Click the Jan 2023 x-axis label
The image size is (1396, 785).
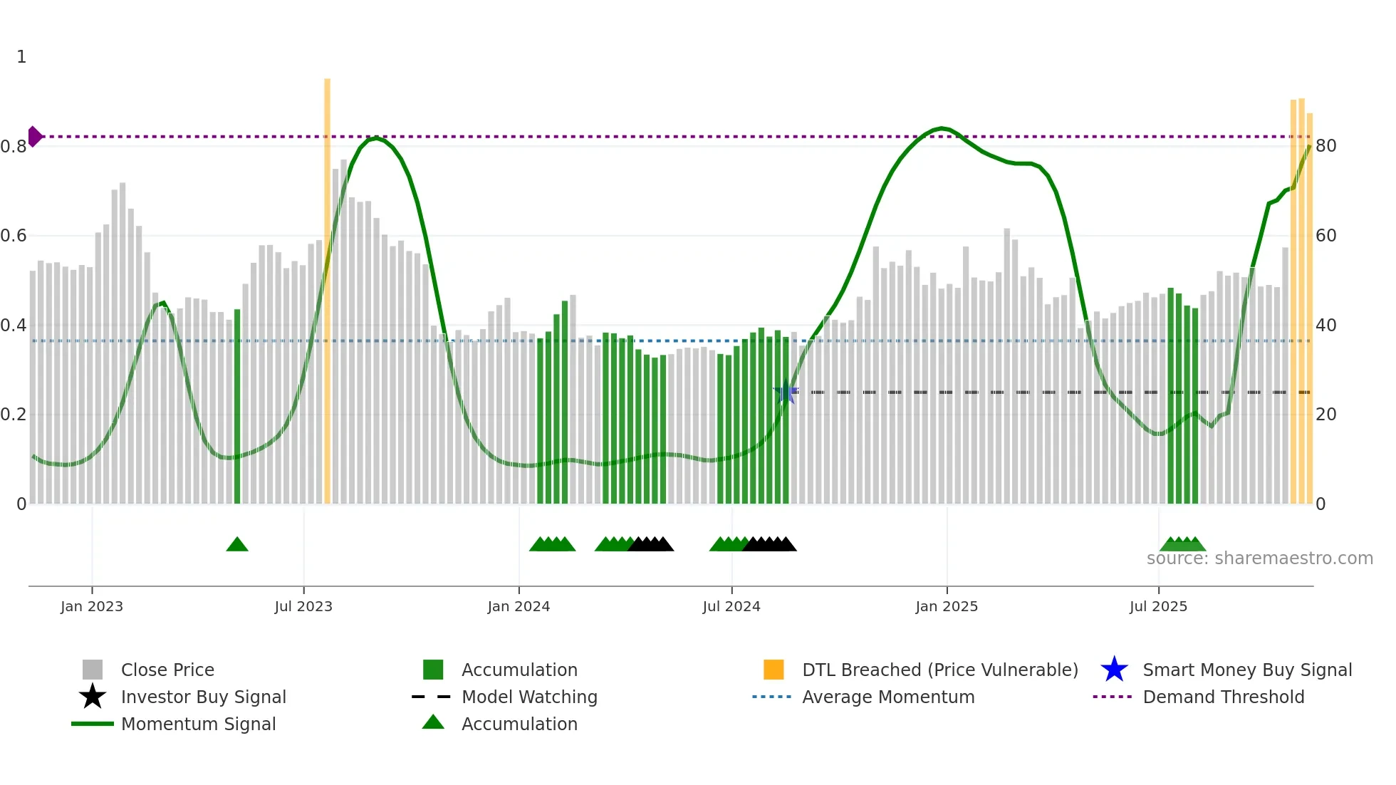point(91,606)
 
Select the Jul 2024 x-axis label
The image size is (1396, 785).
point(731,606)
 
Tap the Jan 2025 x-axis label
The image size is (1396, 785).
point(946,606)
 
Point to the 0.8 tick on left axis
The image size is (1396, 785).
point(14,147)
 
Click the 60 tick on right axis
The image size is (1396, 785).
point(1325,236)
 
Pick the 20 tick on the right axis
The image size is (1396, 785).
point(1325,415)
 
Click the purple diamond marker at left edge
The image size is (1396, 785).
point(35,136)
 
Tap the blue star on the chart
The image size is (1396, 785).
point(786,392)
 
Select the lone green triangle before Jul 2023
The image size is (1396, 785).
point(237,545)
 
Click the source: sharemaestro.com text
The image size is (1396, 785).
point(1259,558)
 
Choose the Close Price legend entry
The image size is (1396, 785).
point(167,670)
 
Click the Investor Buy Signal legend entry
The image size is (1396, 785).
point(203,697)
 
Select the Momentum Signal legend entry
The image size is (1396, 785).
point(198,724)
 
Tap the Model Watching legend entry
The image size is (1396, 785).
point(528,697)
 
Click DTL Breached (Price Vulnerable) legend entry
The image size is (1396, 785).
point(939,670)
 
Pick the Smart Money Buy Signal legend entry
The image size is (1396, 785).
point(1246,670)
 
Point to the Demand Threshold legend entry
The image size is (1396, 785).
point(1223,697)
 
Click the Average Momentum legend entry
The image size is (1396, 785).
point(887,697)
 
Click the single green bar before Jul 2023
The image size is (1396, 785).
point(237,406)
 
